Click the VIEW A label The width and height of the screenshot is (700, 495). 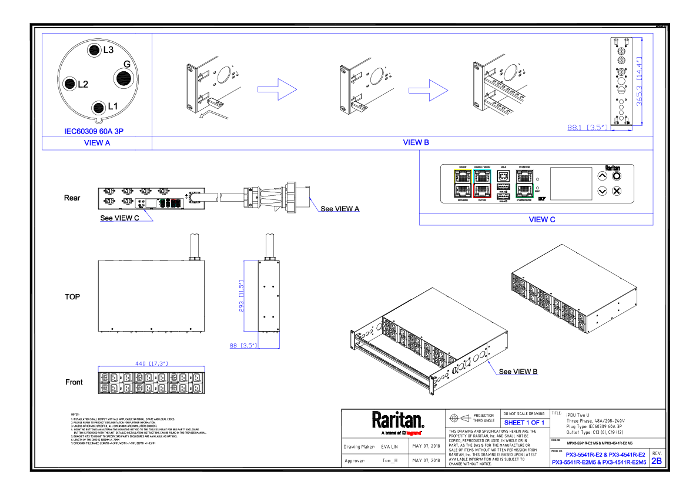tap(97, 143)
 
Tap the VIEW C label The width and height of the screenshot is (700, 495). tap(542, 220)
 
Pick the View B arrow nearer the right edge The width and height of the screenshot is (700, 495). tap(428, 90)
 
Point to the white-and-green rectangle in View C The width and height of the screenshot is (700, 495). tap(524, 184)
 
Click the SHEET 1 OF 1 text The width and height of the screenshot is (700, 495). tap(524, 423)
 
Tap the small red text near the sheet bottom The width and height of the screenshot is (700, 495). tap(414, 433)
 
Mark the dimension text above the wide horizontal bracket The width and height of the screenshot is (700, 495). tap(151, 363)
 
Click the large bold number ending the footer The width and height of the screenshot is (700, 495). tap(656, 461)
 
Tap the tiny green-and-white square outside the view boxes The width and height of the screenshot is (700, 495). tap(162, 203)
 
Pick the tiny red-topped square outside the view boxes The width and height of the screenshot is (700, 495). tap(176, 203)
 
